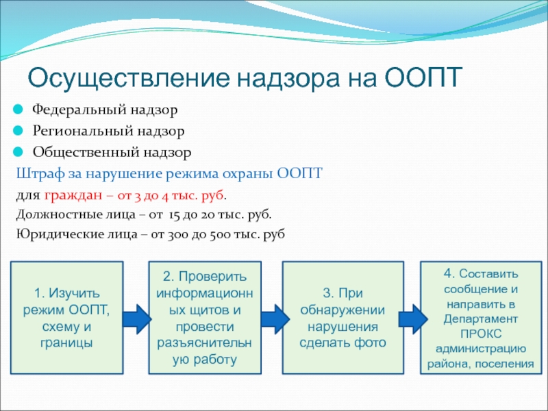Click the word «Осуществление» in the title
[129, 78]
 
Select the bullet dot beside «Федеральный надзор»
[18, 110]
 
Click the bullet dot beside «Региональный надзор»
[18, 131]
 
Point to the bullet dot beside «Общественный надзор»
[18, 152]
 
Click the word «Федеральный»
[79, 110]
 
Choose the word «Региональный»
[83, 132]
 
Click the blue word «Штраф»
[40, 174]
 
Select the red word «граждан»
[73, 196]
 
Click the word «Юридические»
[60, 234]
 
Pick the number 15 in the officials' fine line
[174, 215]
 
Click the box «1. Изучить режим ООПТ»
[66, 318]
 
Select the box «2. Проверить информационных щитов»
[205, 318]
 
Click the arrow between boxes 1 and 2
[136, 319]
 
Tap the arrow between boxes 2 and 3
[275, 319]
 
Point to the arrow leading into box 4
[413, 319]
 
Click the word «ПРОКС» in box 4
[481, 334]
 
